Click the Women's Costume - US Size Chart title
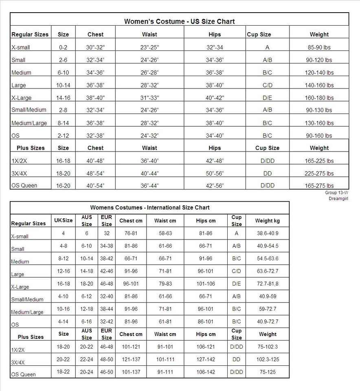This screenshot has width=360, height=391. tap(179, 21)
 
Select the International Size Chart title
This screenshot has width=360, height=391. tap(150, 208)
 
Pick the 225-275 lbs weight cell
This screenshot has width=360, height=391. tap(319, 174)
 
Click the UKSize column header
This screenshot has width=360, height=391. tap(63, 220)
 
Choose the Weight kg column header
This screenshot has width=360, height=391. tap(268, 221)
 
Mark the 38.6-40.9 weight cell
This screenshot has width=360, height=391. tap(268, 234)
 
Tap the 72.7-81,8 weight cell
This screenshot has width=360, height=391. tap(268, 284)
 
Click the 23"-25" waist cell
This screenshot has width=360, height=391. tap(149, 47)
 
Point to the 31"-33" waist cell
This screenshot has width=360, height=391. tap(149, 98)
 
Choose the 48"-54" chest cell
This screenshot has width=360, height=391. tap(95, 174)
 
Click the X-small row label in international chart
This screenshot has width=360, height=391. tap(20, 236)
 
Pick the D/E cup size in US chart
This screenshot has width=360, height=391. tap(267, 98)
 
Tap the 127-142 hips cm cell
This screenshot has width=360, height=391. tap(206, 359)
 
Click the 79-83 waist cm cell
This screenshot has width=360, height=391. tap(165, 284)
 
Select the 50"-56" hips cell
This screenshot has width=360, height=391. tap(215, 174)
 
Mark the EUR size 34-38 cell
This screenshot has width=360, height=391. tap(106, 246)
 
